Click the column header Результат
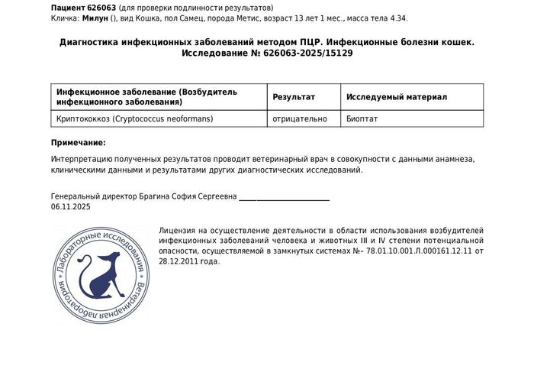point(294,97)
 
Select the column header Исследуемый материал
point(397,97)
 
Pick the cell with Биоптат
point(362,119)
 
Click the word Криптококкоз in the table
point(83,119)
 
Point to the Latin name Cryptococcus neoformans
point(163,119)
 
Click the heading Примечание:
point(79,143)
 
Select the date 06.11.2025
point(71,207)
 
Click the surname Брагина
point(153,196)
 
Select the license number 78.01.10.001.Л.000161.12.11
point(420,251)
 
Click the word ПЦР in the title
point(314,42)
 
